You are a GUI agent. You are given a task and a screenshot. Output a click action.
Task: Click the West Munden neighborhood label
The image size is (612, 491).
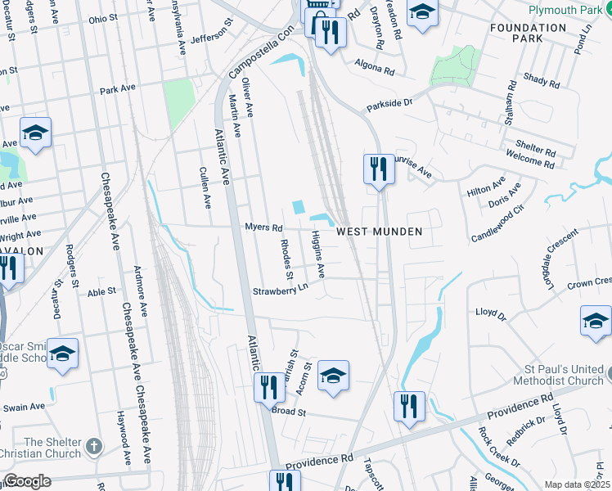380,232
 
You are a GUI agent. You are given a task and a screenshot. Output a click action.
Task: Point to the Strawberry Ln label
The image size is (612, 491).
280,291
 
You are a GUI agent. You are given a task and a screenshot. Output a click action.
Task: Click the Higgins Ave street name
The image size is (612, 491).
318,254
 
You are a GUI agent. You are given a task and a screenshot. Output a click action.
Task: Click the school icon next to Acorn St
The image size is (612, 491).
333,376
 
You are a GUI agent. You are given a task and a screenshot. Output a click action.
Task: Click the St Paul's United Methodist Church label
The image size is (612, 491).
562,375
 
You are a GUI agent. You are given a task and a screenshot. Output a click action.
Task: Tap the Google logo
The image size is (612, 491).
26,481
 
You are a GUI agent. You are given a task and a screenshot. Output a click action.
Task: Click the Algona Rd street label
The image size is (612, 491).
375,67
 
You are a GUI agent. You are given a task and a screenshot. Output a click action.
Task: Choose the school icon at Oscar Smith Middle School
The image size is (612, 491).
62,354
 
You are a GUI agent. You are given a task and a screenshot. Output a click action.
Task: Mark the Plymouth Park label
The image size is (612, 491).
564,10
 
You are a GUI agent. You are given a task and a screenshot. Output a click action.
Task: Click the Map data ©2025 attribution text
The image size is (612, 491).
577,484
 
